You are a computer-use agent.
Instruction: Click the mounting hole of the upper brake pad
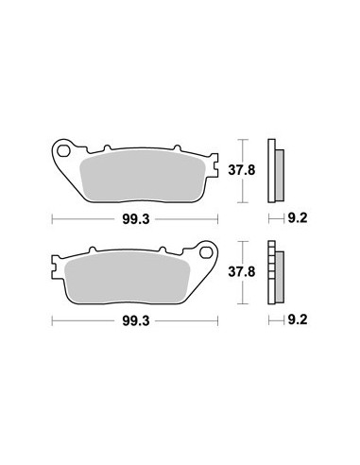(64, 151)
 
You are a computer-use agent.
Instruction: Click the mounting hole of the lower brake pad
(206, 252)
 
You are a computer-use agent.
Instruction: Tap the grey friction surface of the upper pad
(143, 176)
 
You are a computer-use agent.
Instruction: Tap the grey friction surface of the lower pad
(127, 277)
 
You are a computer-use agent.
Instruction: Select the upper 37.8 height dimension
(242, 170)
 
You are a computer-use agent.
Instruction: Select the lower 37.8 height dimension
(242, 271)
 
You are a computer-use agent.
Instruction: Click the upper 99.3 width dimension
(136, 219)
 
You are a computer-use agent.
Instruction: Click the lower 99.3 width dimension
(136, 321)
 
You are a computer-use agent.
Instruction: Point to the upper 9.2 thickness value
(298, 217)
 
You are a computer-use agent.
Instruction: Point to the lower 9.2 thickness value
(298, 319)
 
